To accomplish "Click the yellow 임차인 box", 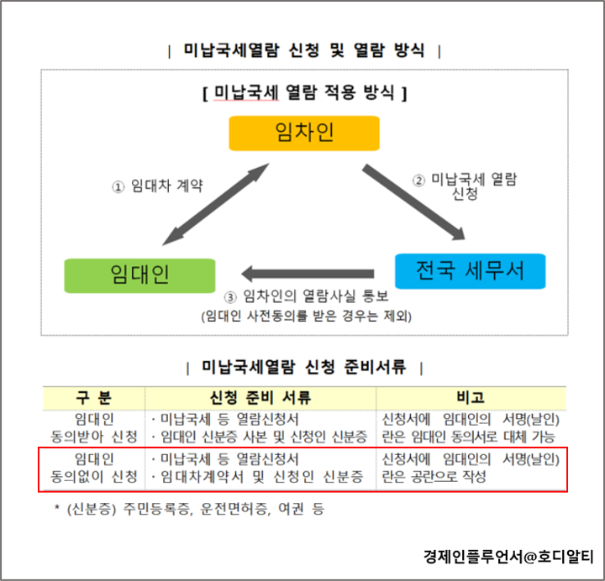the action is pos(304,133).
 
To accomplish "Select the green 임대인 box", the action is pos(139,275).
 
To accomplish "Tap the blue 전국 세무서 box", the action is pos(470,270).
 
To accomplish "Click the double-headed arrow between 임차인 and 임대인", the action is pos(217,204).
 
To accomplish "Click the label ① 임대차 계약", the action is pos(158,186).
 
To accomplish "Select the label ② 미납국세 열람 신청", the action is pos(464,186).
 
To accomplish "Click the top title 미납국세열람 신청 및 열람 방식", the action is pos(304,50).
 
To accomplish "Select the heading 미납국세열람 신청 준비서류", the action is pos(304,367).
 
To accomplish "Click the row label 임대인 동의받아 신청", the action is pos(94,427).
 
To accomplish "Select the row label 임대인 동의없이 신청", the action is pos(94,468).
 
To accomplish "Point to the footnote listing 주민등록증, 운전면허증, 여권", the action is pos(188,509).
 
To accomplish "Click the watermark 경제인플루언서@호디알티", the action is pos(508,556).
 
